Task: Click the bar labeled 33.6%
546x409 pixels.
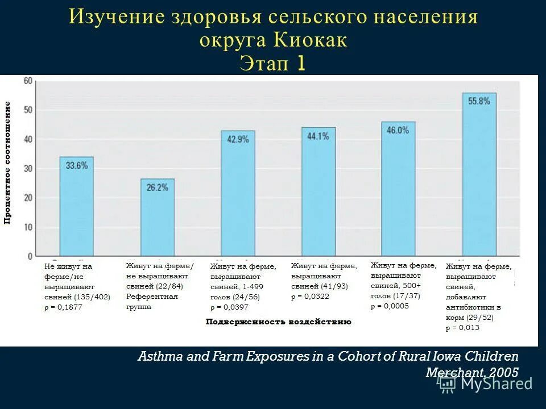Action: pyautogui.click(x=76, y=207)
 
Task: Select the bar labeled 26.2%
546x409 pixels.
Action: pyautogui.click(x=158, y=218)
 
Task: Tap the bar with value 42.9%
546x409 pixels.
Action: pyautogui.click(x=238, y=194)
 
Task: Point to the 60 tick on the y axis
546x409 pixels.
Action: pyautogui.click(x=27, y=81)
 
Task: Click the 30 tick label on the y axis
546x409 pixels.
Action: pyautogui.click(x=27, y=169)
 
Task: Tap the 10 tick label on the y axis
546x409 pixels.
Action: pyautogui.click(x=27, y=227)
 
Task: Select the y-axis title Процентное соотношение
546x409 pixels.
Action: pyautogui.click(x=8, y=162)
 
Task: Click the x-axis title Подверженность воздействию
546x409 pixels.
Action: pyautogui.click(x=278, y=322)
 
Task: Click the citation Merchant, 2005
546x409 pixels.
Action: pyautogui.click(x=471, y=373)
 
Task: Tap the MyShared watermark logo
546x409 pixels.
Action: pyautogui.click(x=487, y=384)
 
